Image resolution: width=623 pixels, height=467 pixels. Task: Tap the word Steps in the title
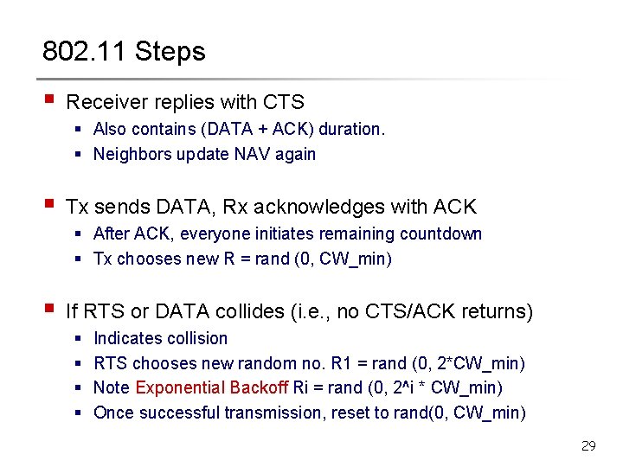(170, 52)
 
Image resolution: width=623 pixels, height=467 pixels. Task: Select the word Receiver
(106, 102)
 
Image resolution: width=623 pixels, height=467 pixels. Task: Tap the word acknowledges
(329, 207)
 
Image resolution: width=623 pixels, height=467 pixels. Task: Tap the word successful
(178, 413)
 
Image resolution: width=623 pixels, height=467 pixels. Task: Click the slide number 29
(588, 446)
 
